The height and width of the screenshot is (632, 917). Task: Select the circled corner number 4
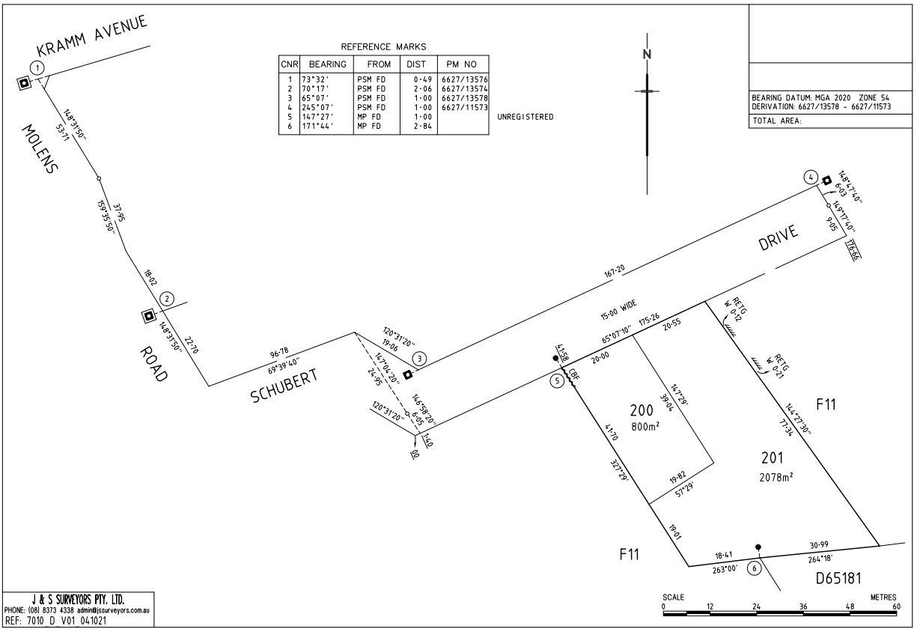[x=811, y=177]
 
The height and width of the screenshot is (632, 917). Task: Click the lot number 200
[x=642, y=410]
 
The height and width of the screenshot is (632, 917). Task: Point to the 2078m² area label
[x=777, y=475]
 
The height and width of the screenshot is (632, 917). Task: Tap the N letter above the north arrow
[x=648, y=54]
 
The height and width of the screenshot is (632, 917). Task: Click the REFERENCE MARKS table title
[x=383, y=47]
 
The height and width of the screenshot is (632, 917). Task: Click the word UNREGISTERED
[x=525, y=117]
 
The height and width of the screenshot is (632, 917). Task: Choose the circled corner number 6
[x=755, y=568]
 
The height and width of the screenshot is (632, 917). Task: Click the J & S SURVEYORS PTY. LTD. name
[x=79, y=599]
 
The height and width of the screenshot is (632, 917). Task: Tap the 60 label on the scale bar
[x=897, y=606]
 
